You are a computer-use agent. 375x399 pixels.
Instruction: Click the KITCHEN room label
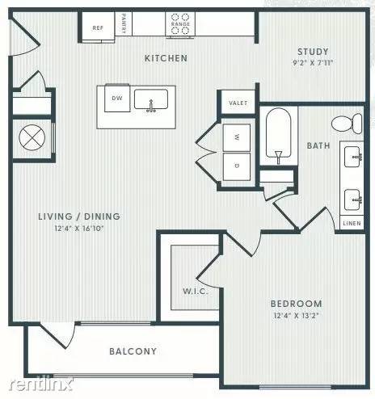166,58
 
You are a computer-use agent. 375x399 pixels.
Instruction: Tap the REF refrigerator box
98,27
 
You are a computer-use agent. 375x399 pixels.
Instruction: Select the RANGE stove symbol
179,24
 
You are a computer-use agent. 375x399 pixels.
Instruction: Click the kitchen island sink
150,100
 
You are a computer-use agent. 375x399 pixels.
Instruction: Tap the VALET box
238,103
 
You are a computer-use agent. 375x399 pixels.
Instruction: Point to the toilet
345,124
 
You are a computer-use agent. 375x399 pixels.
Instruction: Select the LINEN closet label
352,222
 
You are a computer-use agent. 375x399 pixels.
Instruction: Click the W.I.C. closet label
196,291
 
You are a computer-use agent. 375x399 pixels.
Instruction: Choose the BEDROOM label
296,304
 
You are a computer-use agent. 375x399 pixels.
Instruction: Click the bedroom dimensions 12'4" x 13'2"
296,316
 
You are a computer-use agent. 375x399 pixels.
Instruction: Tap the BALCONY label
133,351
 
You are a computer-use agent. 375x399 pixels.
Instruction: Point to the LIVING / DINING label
80,216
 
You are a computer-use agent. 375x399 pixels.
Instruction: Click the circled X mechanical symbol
32,136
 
